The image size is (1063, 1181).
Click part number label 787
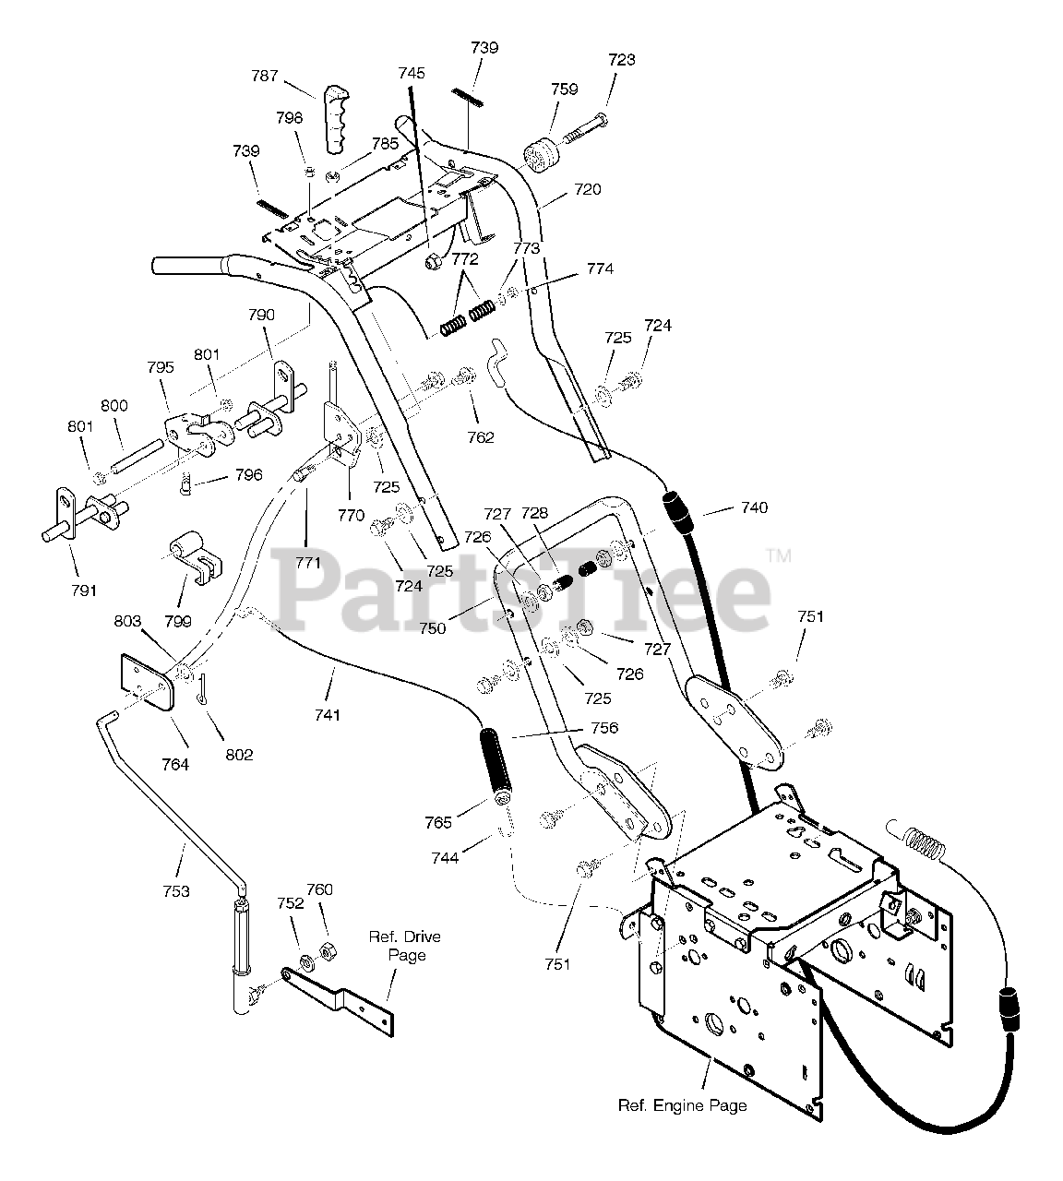point(265,77)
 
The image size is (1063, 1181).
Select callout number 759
point(564,89)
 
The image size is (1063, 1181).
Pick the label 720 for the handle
point(587,190)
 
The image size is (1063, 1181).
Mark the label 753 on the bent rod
point(175,890)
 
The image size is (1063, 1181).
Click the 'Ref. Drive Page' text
point(405,946)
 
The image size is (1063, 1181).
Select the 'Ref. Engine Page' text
point(682,1105)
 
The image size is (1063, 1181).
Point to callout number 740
point(753,507)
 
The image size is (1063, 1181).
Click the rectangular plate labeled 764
point(147,683)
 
